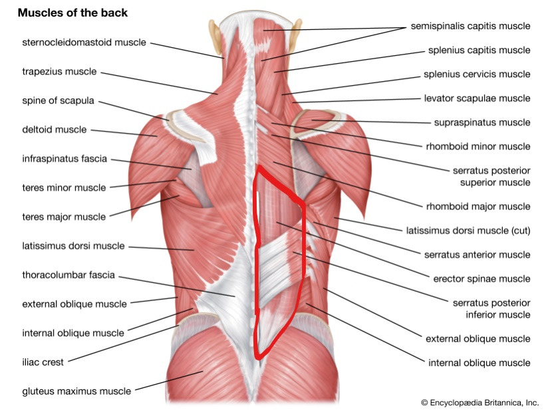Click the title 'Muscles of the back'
72,13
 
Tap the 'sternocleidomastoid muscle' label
84,43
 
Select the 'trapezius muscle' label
59,72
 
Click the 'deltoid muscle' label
55,130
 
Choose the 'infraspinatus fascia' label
65,159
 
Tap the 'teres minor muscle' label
64,188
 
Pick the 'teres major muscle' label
64,217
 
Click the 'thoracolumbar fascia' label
68,274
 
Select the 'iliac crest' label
43,362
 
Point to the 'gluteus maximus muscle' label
76,391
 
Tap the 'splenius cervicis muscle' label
477,74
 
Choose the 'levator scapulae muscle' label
477,98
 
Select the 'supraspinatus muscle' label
481,122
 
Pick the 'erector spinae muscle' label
481,278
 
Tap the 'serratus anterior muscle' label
477,255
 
